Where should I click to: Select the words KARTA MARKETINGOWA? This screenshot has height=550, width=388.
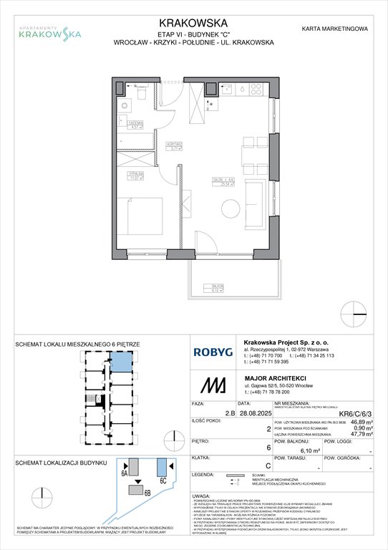pyautogui.click(x=335, y=29)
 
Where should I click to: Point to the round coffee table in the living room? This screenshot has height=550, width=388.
pyautogui.click(x=230, y=208)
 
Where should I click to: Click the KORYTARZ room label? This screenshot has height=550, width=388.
pyautogui.click(x=170, y=148)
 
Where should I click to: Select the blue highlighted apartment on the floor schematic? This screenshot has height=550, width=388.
pyautogui.click(x=124, y=362)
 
